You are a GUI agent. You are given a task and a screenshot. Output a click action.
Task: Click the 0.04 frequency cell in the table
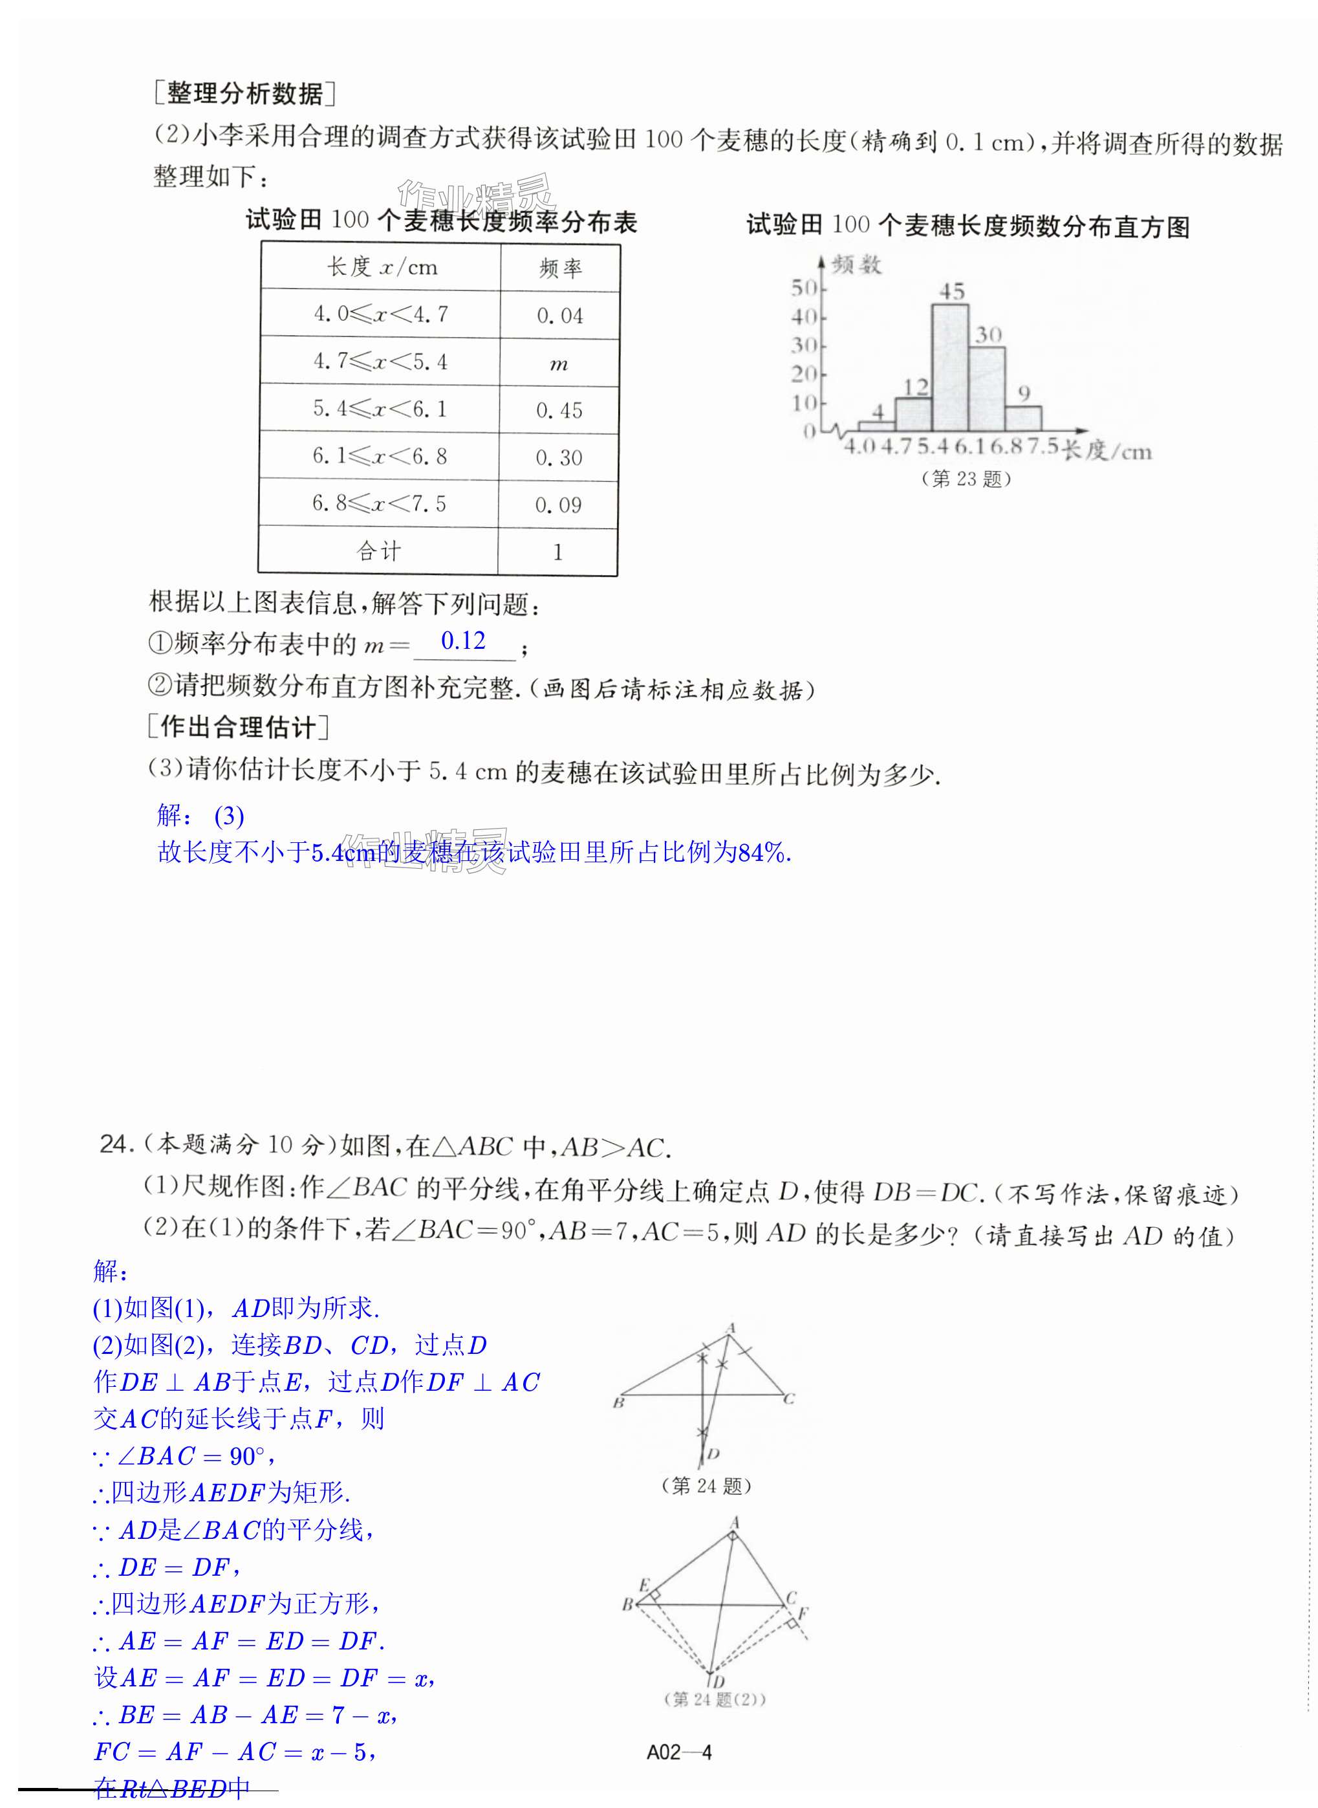click(x=559, y=315)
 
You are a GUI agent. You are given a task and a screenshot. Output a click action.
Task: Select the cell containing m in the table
click(x=559, y=363)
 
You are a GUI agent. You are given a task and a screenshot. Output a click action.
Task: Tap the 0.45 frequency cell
click(x=559, y=410)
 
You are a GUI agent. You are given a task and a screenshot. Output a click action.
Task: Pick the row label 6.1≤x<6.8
click(x=379, y=457)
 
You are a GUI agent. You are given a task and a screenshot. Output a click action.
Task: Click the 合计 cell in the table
click(x=378, y=550)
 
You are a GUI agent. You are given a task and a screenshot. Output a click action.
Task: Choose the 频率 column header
click(x=560, y=268)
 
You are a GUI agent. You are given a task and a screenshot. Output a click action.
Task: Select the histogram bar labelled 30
click(x=987, y=389)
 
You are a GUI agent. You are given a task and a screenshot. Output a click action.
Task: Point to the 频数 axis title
click(x=856, y=264)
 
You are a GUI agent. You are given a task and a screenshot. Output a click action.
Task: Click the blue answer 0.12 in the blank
click(x=463, y=640)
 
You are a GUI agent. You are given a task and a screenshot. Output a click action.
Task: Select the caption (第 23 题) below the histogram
click(x=966, y=479)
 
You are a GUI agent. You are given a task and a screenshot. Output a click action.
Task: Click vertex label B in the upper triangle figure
click(x=618, y=1402)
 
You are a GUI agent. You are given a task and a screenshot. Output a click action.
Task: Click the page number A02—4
click(x=679, y=1752)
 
